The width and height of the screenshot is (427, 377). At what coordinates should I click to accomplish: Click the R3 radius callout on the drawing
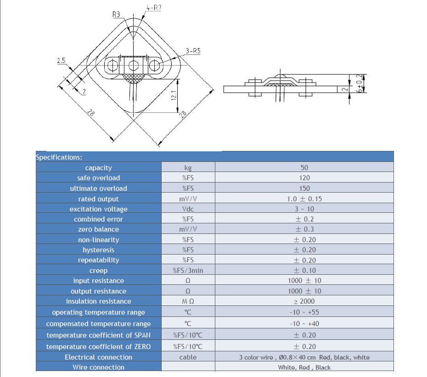[116, 15]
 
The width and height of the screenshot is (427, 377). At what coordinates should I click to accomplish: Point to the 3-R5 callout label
[193, 51]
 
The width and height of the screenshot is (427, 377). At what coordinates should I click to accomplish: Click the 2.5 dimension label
[62, 61]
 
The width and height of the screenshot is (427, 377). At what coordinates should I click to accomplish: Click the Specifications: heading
[59, 157]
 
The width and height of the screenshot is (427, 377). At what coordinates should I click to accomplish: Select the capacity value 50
[304, 168]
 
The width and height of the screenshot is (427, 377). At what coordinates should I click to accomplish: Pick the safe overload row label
[99, 178]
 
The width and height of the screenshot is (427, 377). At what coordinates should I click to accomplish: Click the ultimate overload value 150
[304, 188]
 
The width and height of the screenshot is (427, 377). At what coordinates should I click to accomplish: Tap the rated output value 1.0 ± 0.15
[304, 199]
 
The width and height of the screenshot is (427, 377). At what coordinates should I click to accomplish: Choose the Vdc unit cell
[188, 209]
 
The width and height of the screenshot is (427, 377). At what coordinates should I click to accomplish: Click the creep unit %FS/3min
[188, 271]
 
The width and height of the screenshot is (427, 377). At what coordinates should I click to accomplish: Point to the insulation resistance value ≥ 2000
[304, 301]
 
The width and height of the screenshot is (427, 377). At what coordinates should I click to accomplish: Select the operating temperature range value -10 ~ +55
[304, 312]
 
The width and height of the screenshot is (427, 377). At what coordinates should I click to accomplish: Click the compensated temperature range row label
[99, 324]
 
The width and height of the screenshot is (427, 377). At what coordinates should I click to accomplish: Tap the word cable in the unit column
[188, 357]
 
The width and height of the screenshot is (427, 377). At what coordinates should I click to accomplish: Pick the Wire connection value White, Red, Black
[304, 367]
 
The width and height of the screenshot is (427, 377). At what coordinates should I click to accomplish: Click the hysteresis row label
[99, 250]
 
